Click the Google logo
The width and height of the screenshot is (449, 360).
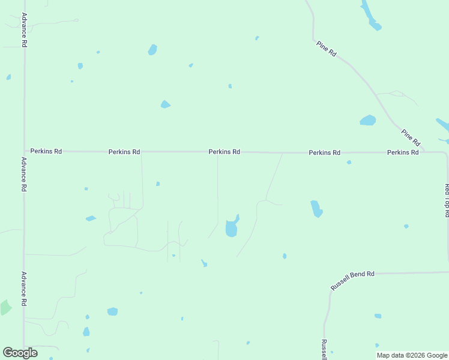(20, 353)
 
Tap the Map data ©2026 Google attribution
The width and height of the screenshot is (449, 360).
(412, 355)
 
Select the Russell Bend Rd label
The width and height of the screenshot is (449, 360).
(352, 281)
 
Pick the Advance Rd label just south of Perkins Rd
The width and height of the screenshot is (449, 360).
(24, 174)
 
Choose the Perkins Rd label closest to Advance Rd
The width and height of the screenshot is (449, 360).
(46, 152)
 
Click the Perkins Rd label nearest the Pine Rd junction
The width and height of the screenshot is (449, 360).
(403, 152)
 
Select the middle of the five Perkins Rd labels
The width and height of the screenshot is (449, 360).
(224, 152)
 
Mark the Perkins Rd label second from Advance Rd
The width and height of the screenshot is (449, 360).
(124, 152)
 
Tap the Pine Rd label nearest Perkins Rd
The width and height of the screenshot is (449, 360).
(411, 137)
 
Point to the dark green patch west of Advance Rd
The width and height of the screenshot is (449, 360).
(5, 307)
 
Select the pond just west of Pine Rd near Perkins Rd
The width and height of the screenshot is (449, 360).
(368, 121)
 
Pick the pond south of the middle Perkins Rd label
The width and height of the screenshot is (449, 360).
(232, 227)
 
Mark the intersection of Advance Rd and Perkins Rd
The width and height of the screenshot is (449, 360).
(24, 152)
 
